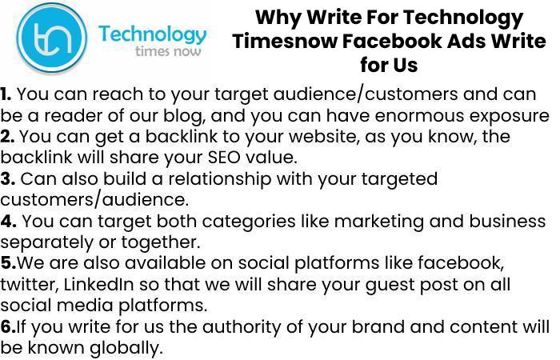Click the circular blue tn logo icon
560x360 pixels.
pyautogui.click(x=52, y=38)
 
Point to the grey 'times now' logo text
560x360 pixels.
pyautogui.click(x=168, y=51)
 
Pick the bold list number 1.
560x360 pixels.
pyautogui.click(x=6, y=94)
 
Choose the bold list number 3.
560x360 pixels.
pyautogui.click(x=7, y=178)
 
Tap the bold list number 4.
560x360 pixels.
pyautogui.click(x=8, y=221)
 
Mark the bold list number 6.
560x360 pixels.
pyautogui.click(x=8, y=326)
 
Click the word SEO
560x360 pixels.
pyautogui.click(x=224, y=158)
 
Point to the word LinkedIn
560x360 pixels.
pyautogui.click(x=99, y=284)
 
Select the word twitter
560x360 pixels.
pyautogui.click(x=29, y=284)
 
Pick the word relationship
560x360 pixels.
pyautogui.click(x=220, y=179)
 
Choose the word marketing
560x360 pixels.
pyautogui.click(x=379, y=222)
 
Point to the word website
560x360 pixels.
pyautogui.click(x=324, y=137)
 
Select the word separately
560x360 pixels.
pyautogui.click(x=46, y=242)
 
